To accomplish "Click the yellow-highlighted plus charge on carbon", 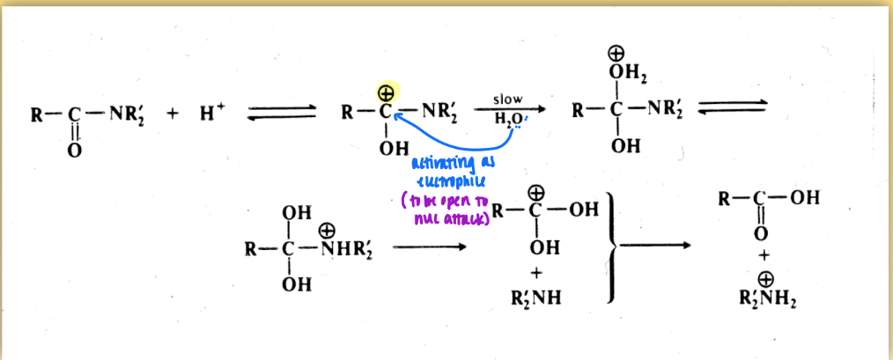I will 385,92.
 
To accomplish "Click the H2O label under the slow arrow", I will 508,120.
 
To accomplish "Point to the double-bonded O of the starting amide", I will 75,151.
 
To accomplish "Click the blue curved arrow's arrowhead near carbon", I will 395,126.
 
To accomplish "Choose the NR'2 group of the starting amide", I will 123,115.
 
